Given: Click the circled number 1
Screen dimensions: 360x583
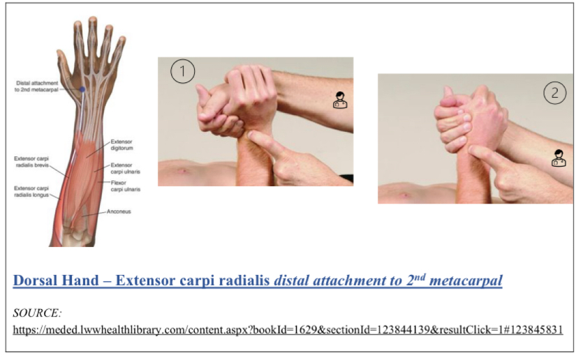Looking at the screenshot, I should pyautogui.click(x=182, y=72).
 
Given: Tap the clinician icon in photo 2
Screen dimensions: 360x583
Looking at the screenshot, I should pyautogui.click(x=559, y=158).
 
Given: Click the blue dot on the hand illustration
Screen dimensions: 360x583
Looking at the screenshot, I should pyautogui.click(x=82, y=90).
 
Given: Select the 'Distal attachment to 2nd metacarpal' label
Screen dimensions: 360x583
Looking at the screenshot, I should pyautogui.click(x=37, y=86).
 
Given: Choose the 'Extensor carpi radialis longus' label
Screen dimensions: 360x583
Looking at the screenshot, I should pyautogui.click(x=32, y=191).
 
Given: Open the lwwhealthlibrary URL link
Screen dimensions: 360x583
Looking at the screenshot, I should pyautogui.click(x=288, y=329).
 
